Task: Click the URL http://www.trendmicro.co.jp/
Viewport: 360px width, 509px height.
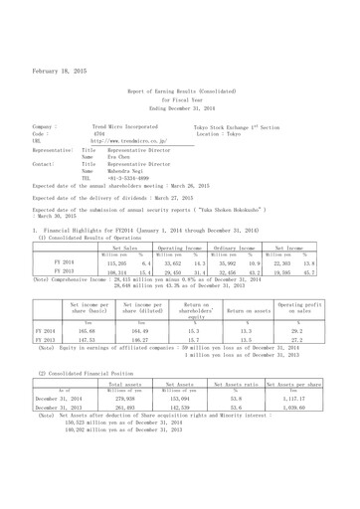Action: coord(128,142)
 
